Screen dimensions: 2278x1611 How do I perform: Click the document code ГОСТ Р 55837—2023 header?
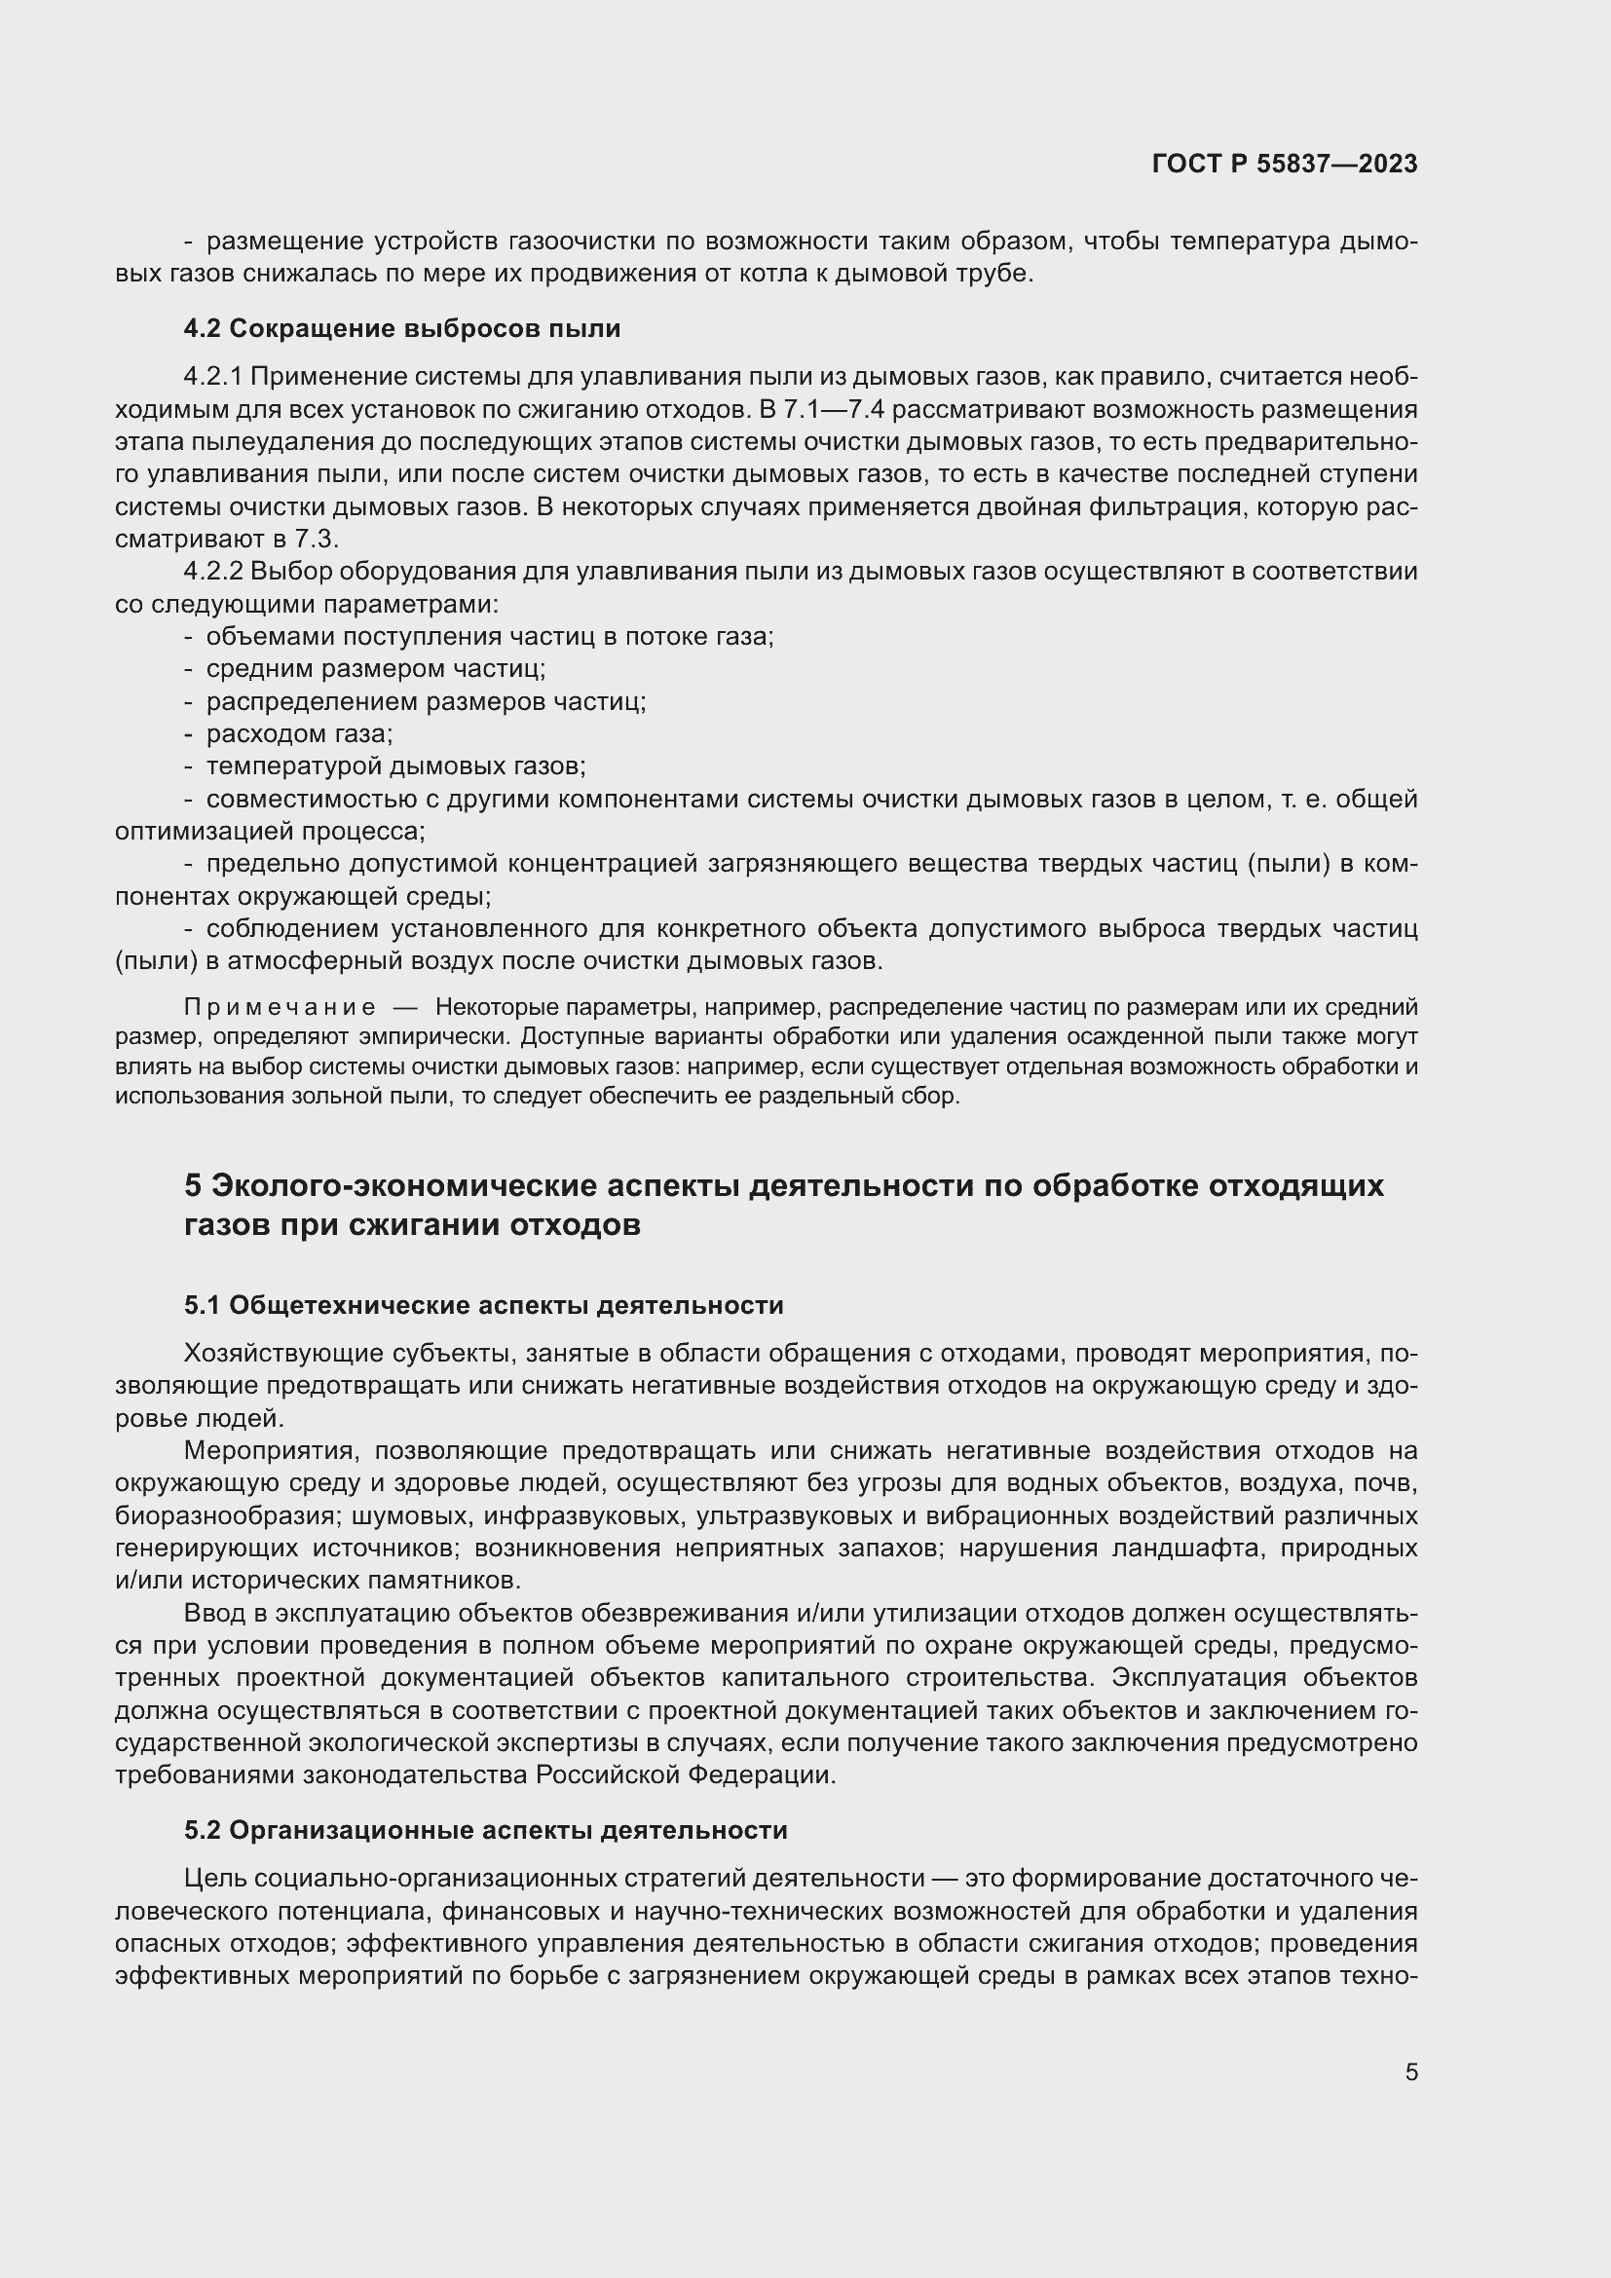(x=1285, y=164)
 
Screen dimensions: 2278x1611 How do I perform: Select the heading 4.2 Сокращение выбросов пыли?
(x=401, y=328)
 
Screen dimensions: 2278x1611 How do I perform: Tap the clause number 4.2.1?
(x=212, y=377)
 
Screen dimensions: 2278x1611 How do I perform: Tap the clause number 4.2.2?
(x=212, y=572)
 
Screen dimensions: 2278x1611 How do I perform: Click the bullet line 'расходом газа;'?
(x=299, y=734)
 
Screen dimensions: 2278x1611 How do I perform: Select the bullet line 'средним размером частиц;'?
(x=375, y=669)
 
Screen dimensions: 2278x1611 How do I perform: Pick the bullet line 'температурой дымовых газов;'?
(x=394, y=766)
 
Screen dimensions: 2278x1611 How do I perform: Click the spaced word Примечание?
(x=280, y=1007)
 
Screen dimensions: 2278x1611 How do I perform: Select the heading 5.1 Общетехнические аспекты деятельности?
(x=483, y=1305)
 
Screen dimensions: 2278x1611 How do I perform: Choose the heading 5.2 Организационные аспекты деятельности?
(x=485, y=1831)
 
